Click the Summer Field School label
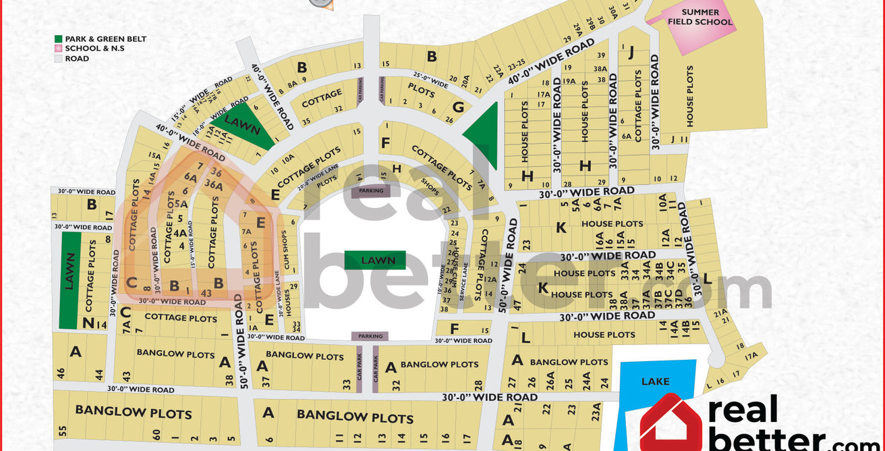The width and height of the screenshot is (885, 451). [700, 17]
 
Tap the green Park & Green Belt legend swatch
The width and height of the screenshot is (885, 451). [59, 39]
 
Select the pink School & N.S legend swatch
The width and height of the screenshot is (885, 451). [59, 49]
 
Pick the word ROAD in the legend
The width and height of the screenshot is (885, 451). [77, 59]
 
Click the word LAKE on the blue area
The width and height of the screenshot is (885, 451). [655, 381]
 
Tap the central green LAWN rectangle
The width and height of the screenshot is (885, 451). [374, 260]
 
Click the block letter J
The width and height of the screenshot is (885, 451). [631, 51]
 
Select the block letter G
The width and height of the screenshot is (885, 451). [459, 107]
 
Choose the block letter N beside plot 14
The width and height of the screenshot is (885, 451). [88, 323]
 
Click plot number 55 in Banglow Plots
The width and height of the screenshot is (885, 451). [63, 431]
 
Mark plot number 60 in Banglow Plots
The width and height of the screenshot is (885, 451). [156, 433]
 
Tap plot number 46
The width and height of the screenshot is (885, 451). [61, 373]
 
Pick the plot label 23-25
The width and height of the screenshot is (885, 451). [517, 65]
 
